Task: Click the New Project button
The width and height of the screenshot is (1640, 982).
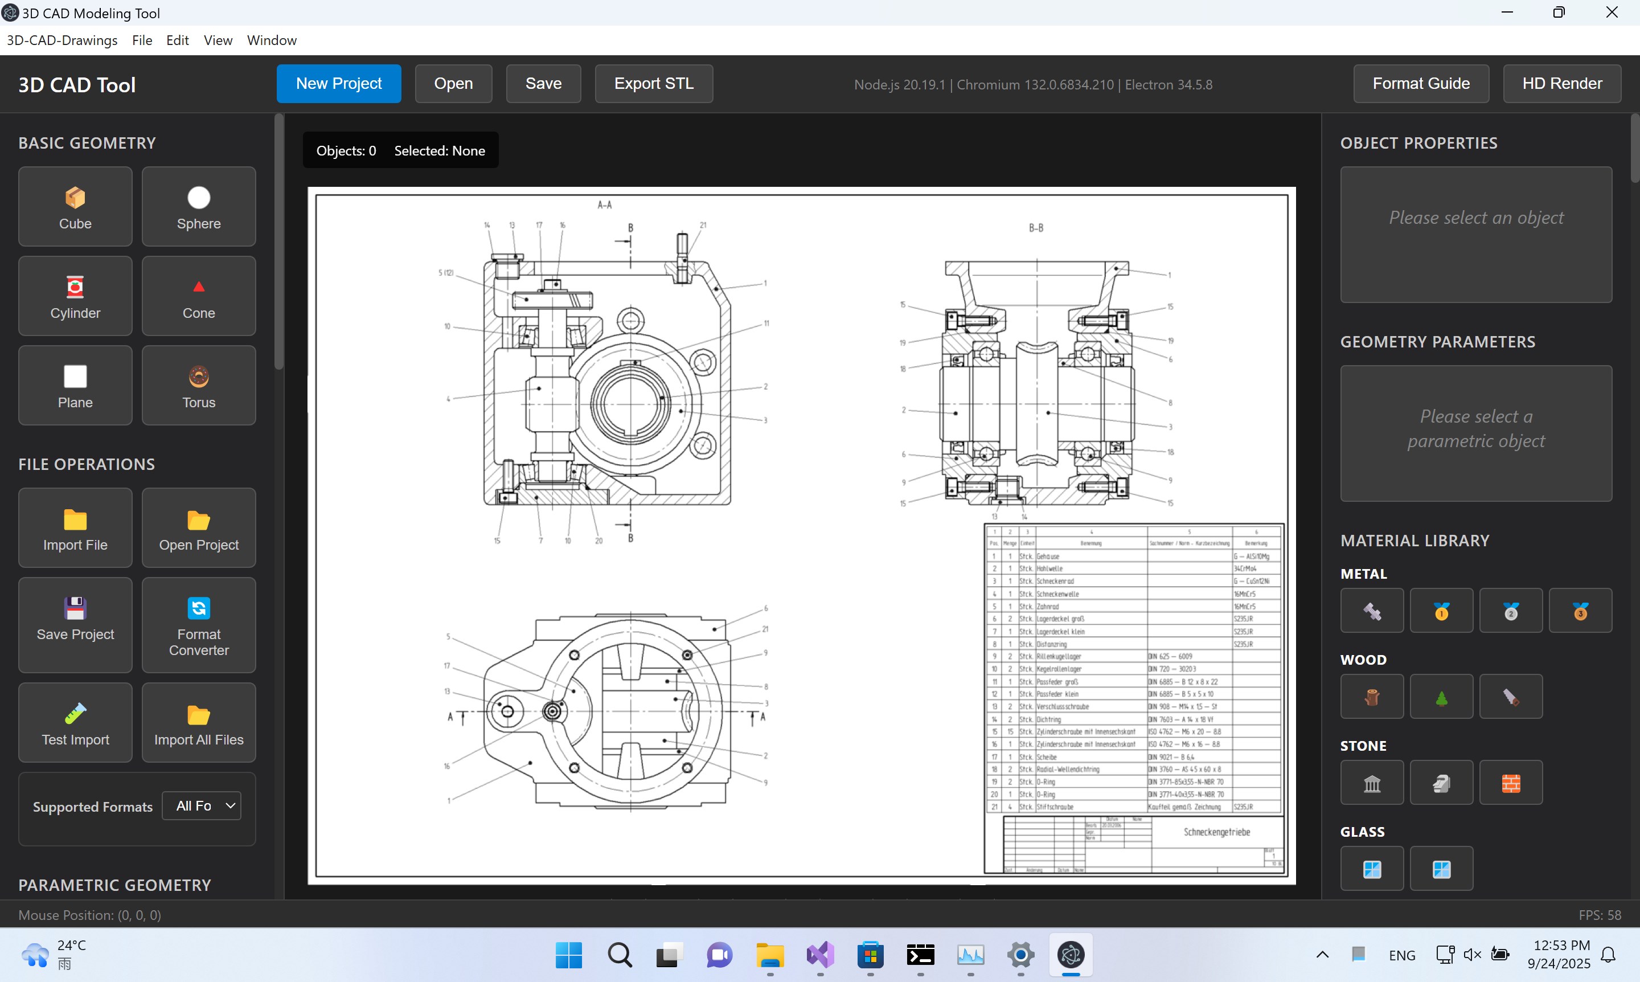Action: pyautogui.click(x=339, y=83)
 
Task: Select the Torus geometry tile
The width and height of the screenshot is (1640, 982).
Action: pyautogui.click(x=199, y=385)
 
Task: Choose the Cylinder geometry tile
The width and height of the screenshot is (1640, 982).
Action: pyautogui.click(x=75, y=296)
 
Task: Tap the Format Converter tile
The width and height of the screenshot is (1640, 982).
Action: pyautogui.click(x=199, y=625)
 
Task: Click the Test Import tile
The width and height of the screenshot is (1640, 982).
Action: pyautogui.click(x=75, y=723)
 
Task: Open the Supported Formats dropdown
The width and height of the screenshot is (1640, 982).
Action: pyautogui.click(x=201, y=806)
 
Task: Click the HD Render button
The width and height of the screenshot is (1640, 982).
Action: pyautogui.click(x=1561, y=83)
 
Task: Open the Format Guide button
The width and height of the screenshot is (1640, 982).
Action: pyautogui.click(x=1420, y=83)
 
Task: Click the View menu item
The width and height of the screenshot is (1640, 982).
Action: pyautogui.click(x=218, y=40)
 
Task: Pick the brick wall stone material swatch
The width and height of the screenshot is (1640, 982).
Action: pyautogui.click(x=1510, y=783)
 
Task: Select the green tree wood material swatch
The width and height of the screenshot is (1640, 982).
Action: pyautogui.click(x=1441, y=697)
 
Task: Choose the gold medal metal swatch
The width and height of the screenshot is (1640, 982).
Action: pyautogui.click(x=1441, y=611)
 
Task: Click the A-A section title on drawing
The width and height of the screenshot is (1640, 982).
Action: pyautogui.click(x=605, y=205)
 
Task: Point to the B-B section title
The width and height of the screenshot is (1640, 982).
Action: pyautogui.click(x=1036, y=228)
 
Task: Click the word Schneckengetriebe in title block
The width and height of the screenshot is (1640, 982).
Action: pyautogui.click(x=1216, y=832)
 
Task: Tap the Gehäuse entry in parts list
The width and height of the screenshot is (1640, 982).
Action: pyautogui.click(x=1048, y=557)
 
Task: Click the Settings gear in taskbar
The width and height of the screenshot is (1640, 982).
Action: pyautogui.click(x=1020, y=955)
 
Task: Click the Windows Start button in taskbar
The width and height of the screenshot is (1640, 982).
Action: pyautogui.click(x=568, y=955)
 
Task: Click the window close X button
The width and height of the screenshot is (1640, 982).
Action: pyautogui.click(x=1612, y=13)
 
